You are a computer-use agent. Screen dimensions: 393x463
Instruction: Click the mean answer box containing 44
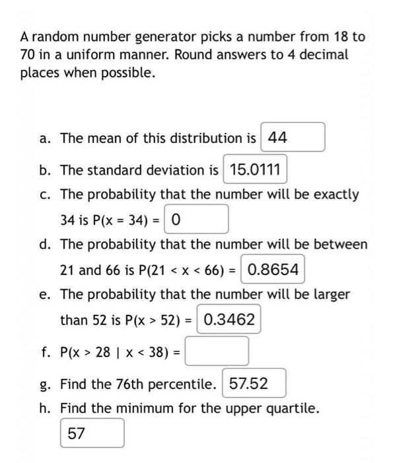293,138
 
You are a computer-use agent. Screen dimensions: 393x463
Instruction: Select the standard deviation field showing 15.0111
255,170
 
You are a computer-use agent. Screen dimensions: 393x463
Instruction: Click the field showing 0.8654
273,269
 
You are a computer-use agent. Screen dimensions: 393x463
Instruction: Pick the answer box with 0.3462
229,319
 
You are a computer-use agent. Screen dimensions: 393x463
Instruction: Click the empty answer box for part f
217,351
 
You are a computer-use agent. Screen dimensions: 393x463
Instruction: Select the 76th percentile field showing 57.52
254,384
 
